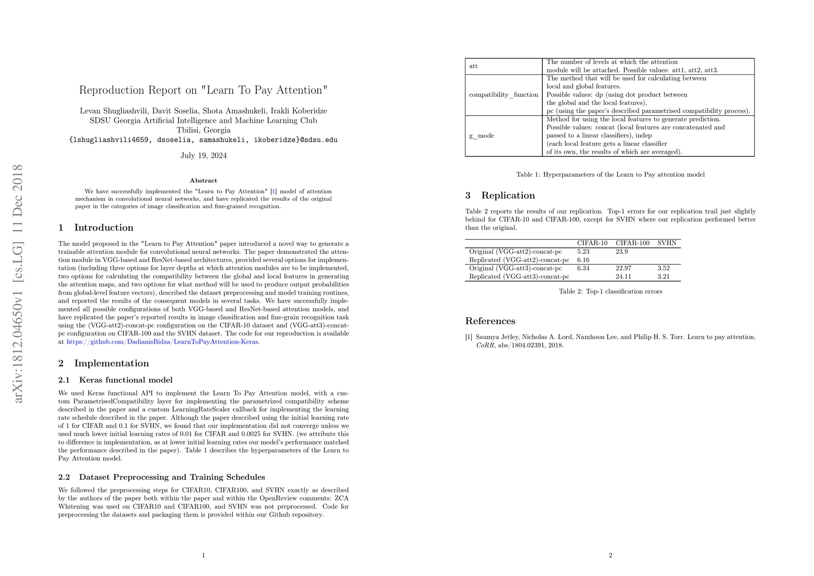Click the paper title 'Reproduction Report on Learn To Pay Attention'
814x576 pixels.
click(x=203, y=90)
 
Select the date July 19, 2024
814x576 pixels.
click(x=203, y=156)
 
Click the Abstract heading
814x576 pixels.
click(x=203, y=180)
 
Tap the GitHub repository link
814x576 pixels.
click(x=162, y=342)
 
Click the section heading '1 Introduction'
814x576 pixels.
click(x=96, y=228)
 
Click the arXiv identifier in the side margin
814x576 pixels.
click(x=18, y=283)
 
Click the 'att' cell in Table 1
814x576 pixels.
click(x=474, y=66)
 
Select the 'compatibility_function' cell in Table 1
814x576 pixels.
click(x=503, y=95)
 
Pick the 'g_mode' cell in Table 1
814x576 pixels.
click(x=481, y=136)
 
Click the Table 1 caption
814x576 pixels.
click(x=610, y=175)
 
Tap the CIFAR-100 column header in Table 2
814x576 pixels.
click(x=632, y=243)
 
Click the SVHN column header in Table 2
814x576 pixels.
click(x=667, y=243)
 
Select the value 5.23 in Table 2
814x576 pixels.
click(x=583, y=252)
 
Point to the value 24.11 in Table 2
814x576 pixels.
click(x=623, y=276)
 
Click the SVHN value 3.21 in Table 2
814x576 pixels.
click(x=663, y=276)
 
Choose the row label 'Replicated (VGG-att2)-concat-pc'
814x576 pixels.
click(x=519, y=260)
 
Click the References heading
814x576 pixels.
click(x=490, y=321)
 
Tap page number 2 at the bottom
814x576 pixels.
click(x=610, y=556)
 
